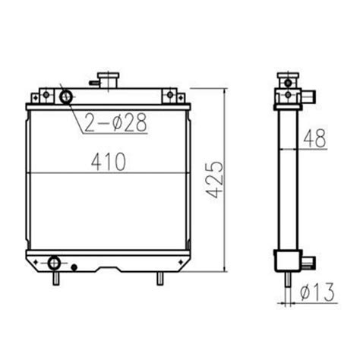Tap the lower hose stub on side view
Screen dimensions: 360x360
[308, 262]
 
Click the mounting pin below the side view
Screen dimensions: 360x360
[287, 281]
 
